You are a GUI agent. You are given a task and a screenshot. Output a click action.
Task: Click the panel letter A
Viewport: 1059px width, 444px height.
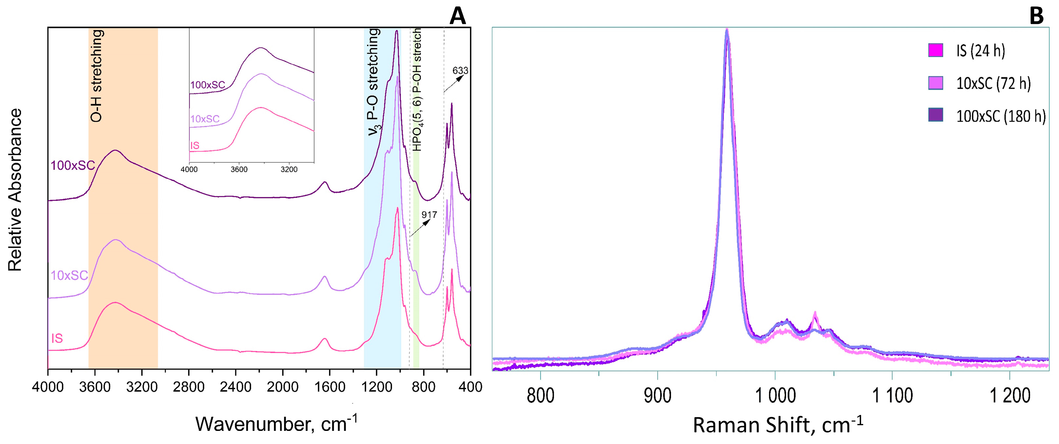[x=458, y=17]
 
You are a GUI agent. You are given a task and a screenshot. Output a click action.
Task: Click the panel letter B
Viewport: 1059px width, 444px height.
[x=1036, y=17]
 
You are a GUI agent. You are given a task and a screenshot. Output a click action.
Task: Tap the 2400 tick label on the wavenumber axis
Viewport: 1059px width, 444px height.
[x=236, y=387]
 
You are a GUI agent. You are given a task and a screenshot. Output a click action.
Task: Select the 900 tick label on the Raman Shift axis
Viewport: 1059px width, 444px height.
[x=657, y=395]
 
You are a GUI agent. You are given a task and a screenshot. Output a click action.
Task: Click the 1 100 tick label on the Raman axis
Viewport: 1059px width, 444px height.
[x=892, y=395]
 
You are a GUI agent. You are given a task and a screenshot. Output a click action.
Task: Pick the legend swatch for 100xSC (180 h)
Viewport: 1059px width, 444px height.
[x=936, y=115]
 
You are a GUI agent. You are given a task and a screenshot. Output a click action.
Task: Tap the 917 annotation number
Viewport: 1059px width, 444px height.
[x=429, y=215]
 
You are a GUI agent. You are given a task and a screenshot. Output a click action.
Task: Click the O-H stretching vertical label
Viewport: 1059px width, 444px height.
[x=96, y=76]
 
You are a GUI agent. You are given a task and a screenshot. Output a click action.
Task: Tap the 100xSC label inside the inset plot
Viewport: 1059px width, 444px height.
[x=208, y=85]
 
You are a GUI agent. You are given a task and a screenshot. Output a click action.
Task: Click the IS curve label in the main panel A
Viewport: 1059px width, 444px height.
[x=57, y=338]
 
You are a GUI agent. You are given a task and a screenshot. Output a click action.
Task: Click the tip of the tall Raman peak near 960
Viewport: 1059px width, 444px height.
[x=727, y=30]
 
